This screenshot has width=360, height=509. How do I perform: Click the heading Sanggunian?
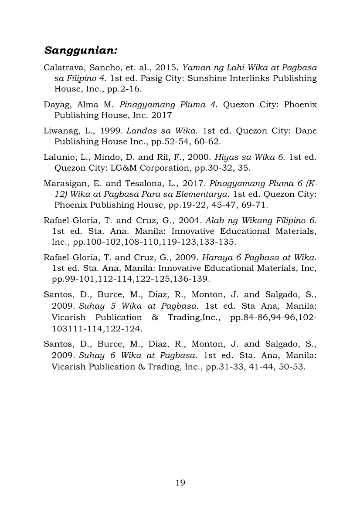[x=81, y=50]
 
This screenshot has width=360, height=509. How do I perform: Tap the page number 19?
[x=180, y=482]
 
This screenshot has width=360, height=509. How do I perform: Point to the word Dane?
[x=306, y=131]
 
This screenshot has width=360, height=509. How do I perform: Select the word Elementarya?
[x=206, y=194]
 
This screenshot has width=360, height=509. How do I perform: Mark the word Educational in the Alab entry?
[x=235, y=231]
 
